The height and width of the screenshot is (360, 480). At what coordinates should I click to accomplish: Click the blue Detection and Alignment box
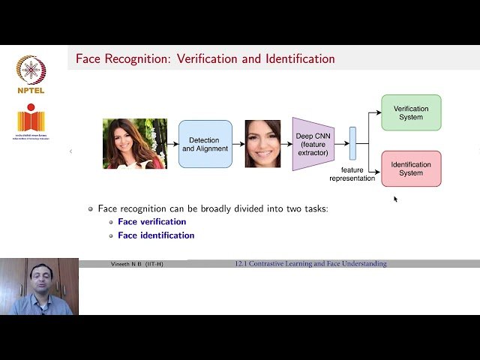coord(205,144)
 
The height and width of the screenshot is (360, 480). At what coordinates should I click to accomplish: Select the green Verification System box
coord(411,112)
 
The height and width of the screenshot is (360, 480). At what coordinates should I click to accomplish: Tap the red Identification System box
coord(411,169)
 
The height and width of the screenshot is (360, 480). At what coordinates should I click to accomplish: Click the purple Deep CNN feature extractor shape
coord(312,143)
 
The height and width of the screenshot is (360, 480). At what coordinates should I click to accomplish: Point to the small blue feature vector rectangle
coord(352,143)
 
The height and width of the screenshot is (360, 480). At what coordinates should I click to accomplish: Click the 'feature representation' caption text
coord(352,174)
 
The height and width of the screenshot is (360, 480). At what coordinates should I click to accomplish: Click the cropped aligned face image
coord(262,143)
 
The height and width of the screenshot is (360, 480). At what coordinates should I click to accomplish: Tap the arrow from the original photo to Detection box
coord(172,143)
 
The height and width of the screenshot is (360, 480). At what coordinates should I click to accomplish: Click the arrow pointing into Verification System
coord(375,112)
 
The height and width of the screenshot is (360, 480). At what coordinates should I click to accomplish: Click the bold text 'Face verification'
coord(151,222)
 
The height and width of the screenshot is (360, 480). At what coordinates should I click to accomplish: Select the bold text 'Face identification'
coord(156,235)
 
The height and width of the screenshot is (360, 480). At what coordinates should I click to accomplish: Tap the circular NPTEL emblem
coord(31,70)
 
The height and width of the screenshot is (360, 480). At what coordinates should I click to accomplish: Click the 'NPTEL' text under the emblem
coord(31,91)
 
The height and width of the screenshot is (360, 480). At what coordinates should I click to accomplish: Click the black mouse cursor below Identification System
coord(395,199)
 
